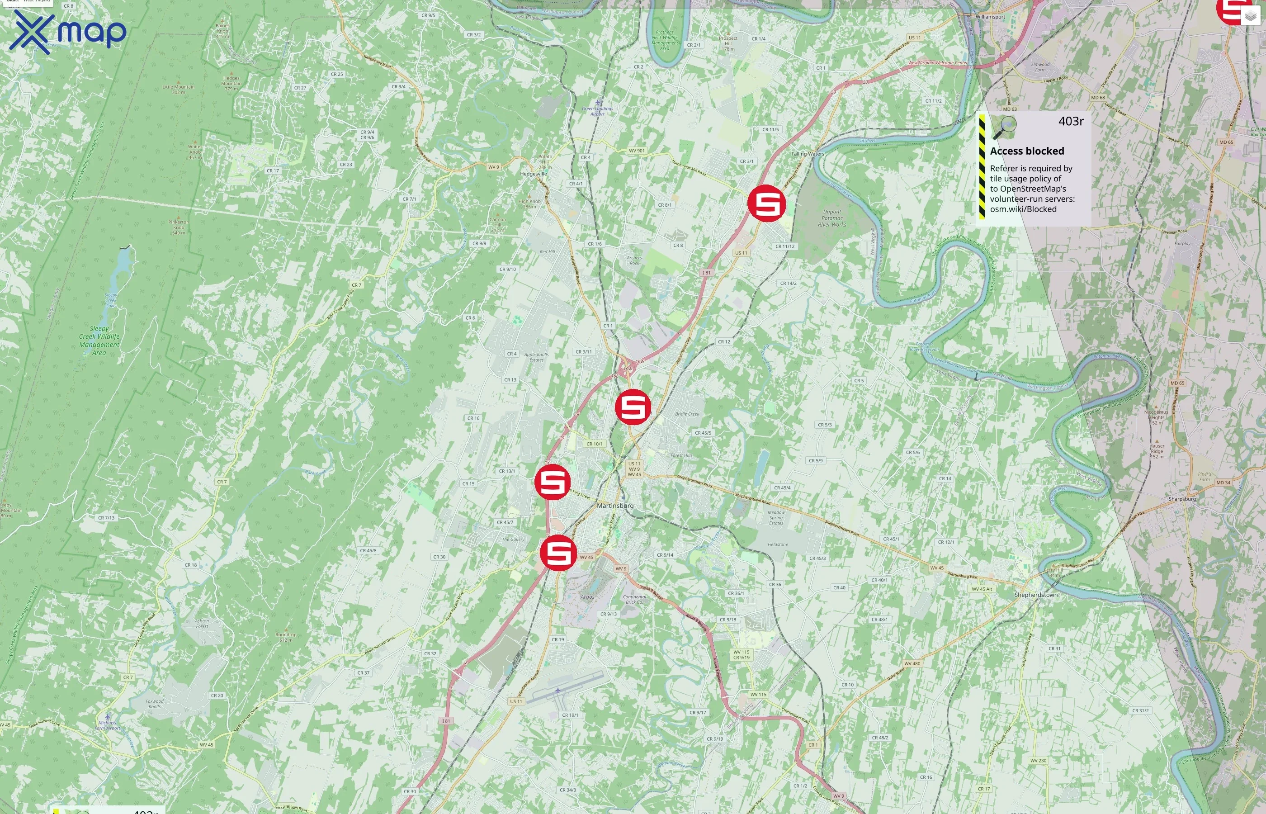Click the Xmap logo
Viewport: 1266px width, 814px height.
pos(68,32)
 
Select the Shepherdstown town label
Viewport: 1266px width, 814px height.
pos(1035,595)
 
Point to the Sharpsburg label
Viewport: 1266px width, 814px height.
pos(1182,499)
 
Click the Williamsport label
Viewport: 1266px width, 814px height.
pos(990,17)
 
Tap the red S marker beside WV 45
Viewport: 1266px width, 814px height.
pos(558,552)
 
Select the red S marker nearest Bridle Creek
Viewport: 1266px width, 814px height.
pos(633,407)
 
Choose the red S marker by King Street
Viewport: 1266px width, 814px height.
pos(552,482)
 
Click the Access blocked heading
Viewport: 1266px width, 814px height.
pos(1027,151)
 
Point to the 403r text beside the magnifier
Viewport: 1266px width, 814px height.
pos(1071,122)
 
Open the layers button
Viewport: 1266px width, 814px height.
pos(1250,16)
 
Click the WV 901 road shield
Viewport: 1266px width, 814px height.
pos(636,151)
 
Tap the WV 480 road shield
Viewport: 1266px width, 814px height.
pos(912,663)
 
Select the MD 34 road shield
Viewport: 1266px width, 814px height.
pos(1223,483)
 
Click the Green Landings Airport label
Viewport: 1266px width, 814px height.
pos(597,111)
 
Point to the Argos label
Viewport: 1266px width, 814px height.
pos(587,597)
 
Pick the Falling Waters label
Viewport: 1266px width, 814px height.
pos(808,154)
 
